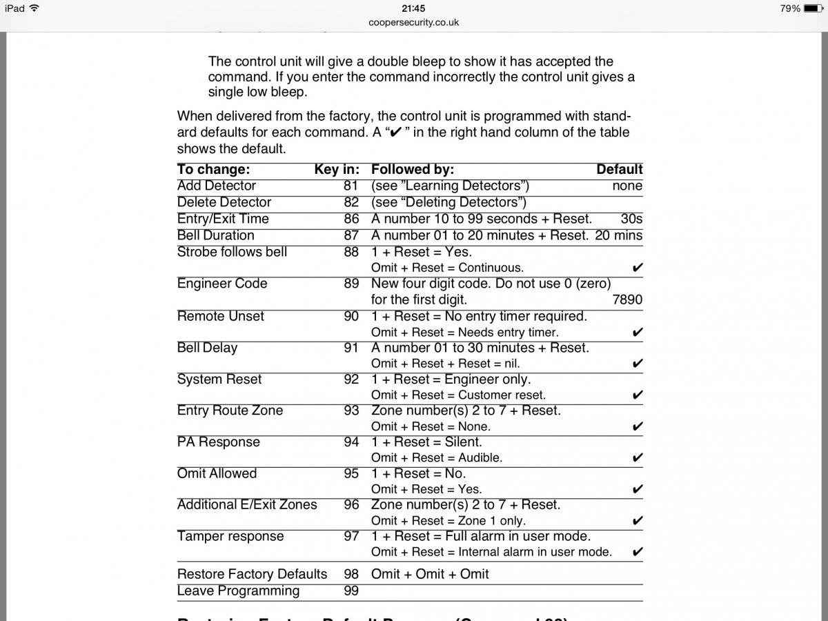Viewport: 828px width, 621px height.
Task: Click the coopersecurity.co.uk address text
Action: [413, 22]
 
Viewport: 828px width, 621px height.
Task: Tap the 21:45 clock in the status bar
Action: [413, 8]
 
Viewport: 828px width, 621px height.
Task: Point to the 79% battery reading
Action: [790, 8]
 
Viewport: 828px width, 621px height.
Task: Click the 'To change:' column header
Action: [213, 170]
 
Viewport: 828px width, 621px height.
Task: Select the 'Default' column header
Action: [619, 170]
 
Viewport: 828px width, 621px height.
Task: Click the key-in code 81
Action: [351, 186]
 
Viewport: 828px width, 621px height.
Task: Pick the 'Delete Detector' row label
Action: [224, 202]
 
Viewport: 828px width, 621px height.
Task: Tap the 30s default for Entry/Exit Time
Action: [631, 219]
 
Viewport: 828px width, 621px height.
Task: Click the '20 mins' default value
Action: [618, 235]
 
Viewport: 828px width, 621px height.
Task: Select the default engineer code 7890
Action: [627, 300]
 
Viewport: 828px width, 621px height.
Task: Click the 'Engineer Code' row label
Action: [222, 284]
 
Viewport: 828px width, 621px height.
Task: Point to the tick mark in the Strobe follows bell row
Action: [638, 268]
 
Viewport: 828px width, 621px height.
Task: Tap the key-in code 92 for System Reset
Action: [351, 379]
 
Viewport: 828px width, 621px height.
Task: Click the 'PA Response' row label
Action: [219, 442]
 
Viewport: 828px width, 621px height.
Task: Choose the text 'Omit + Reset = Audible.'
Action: [437, 458]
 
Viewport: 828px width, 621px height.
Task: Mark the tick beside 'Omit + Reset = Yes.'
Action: [638, 490]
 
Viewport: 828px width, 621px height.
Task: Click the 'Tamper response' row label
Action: [230, 537]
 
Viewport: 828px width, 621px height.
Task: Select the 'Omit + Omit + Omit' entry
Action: [430, 574]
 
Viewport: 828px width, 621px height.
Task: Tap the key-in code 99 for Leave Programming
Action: [351, 591]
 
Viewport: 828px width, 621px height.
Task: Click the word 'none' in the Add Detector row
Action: [627, 186]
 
